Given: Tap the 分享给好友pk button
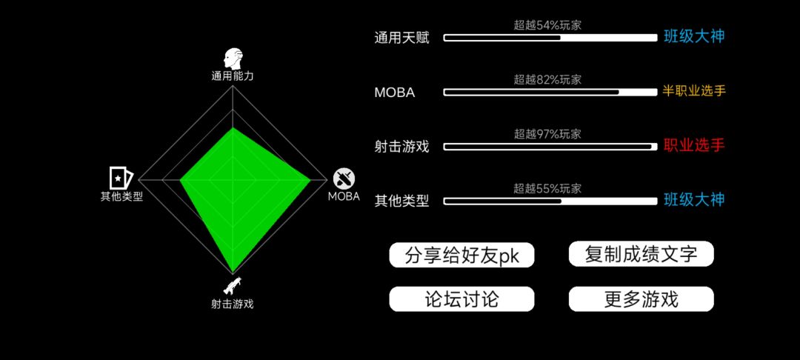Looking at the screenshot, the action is tap(461, 255).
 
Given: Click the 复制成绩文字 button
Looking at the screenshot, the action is tap(641, 254).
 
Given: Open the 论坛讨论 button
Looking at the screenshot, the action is tap(461, 299).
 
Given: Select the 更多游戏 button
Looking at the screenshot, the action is tap(641, 299).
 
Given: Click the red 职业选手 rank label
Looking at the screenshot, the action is tap(694, 145).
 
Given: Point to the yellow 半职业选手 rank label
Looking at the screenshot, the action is tap(694, 91).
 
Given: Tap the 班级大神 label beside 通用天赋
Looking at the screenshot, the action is tap(694, 37).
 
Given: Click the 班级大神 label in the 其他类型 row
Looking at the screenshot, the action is tap(694, 200).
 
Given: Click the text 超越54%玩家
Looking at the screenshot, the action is tap(547, 25).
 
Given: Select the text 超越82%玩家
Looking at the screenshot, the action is tap(547, 79).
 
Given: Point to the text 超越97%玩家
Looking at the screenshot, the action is tap(547, 134).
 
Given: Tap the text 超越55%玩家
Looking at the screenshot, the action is tap(547, 189).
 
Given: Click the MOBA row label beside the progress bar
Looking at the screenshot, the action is tap(394, 93).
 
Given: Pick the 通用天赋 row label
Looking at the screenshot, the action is tap(401, 38).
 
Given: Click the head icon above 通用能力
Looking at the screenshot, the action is tap(233, 59).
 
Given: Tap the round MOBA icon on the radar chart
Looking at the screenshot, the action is tap(344, 179).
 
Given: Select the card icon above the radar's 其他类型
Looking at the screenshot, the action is tap(121, 178).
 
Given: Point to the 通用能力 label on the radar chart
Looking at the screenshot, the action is tap(233, 76).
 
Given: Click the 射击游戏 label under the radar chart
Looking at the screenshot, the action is tap(233, 304).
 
